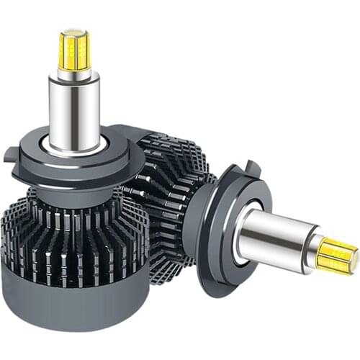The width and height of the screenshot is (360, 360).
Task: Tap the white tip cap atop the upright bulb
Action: pyautogui.click(x=75, y=31)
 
